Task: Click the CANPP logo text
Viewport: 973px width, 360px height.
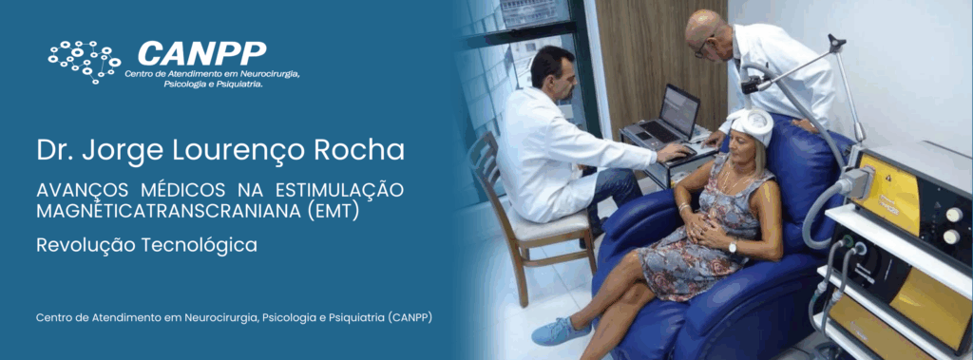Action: (x=201, y=53)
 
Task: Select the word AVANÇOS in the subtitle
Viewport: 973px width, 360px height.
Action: (x=83, y=191)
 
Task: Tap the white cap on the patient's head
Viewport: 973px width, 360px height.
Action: (x=751, y=124)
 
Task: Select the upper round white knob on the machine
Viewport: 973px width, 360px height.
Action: (x=953, y=215)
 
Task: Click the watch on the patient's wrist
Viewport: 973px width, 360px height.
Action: (x=732, y=248)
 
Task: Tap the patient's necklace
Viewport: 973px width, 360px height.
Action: (x=733, y=180)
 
